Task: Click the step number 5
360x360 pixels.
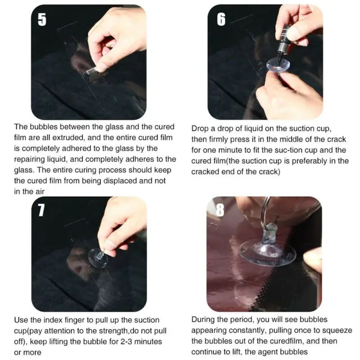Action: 42,20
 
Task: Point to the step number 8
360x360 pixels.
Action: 220,210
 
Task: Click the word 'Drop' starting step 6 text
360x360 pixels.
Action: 200,129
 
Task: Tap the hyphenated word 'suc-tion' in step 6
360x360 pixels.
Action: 289,150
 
